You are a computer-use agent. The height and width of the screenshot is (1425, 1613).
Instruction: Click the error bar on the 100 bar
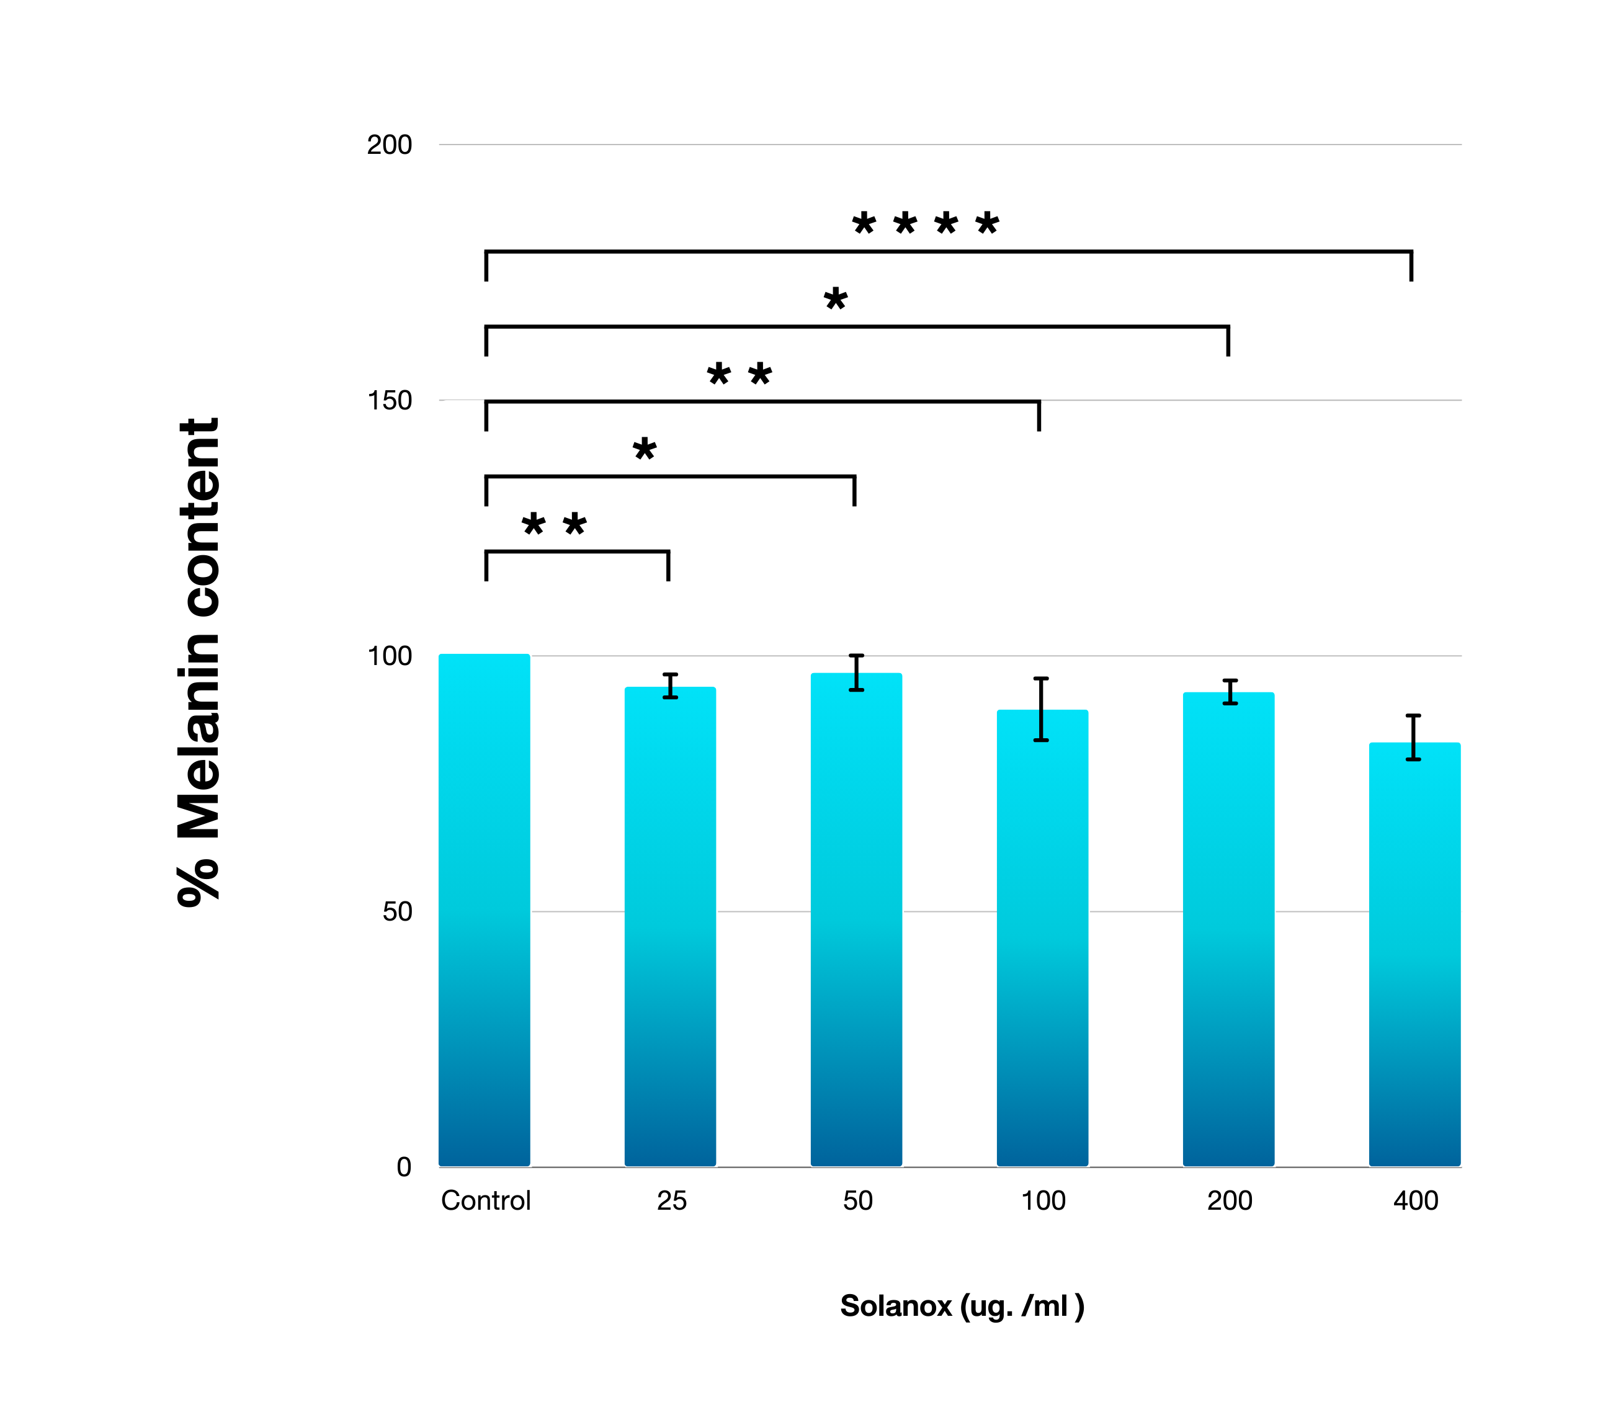tap(1042, 708)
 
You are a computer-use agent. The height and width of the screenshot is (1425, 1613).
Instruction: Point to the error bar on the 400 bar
tap(1413, 737)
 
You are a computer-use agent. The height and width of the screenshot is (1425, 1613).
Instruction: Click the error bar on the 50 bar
tap(856, 672)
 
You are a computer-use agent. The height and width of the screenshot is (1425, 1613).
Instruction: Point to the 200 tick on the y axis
tap(389, 145)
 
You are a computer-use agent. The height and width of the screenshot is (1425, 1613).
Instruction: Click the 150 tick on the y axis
tap(389, 400)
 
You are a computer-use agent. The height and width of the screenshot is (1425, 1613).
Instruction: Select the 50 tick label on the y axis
tap(397, 911)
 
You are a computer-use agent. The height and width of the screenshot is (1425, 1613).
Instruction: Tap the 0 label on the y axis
tap(404, 1167)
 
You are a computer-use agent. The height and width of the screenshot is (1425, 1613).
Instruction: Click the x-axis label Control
tap(485, 1200)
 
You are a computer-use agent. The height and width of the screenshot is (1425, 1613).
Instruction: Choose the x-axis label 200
tap(1230, 1200)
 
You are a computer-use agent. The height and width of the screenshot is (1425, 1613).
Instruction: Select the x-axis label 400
tap(1416, 1200)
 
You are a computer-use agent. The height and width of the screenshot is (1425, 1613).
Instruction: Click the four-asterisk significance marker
tap(926, 224)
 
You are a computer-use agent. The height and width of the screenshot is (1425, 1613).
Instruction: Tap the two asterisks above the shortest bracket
tap(554, 524)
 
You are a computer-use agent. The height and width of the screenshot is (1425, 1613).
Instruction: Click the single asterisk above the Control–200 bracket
tap(835, 299)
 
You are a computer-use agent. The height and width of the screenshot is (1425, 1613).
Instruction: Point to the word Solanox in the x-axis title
tap(896, 1306)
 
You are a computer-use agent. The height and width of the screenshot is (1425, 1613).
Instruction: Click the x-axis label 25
tap(671, 1200)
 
